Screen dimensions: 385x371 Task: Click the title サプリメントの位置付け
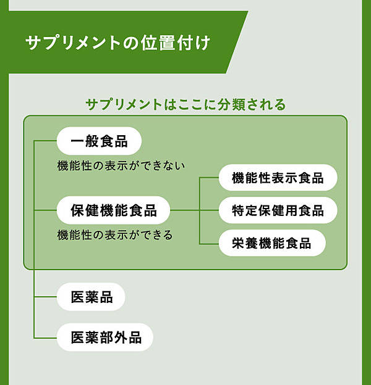tap(117, 43)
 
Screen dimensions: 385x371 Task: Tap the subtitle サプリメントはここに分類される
tap(185, 105)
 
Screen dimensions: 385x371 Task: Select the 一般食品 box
tap(99, 142)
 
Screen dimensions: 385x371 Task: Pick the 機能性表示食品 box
tap(278, 178)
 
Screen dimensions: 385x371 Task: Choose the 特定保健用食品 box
tap(278, 210)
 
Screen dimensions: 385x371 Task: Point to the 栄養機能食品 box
tap(271, 243)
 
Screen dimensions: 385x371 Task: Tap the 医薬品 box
tap(92, 297)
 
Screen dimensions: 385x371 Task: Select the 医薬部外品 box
tap(106, 337)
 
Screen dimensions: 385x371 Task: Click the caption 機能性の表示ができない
tap(121, 166)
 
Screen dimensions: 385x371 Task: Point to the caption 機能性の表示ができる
tap(114, 235)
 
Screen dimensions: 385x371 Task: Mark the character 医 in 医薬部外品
tap(77, 337)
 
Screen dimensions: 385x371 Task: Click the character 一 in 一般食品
tap(77, 142)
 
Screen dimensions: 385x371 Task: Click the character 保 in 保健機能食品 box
tap(77, 210)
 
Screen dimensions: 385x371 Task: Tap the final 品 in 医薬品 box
tap(106, 297)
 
